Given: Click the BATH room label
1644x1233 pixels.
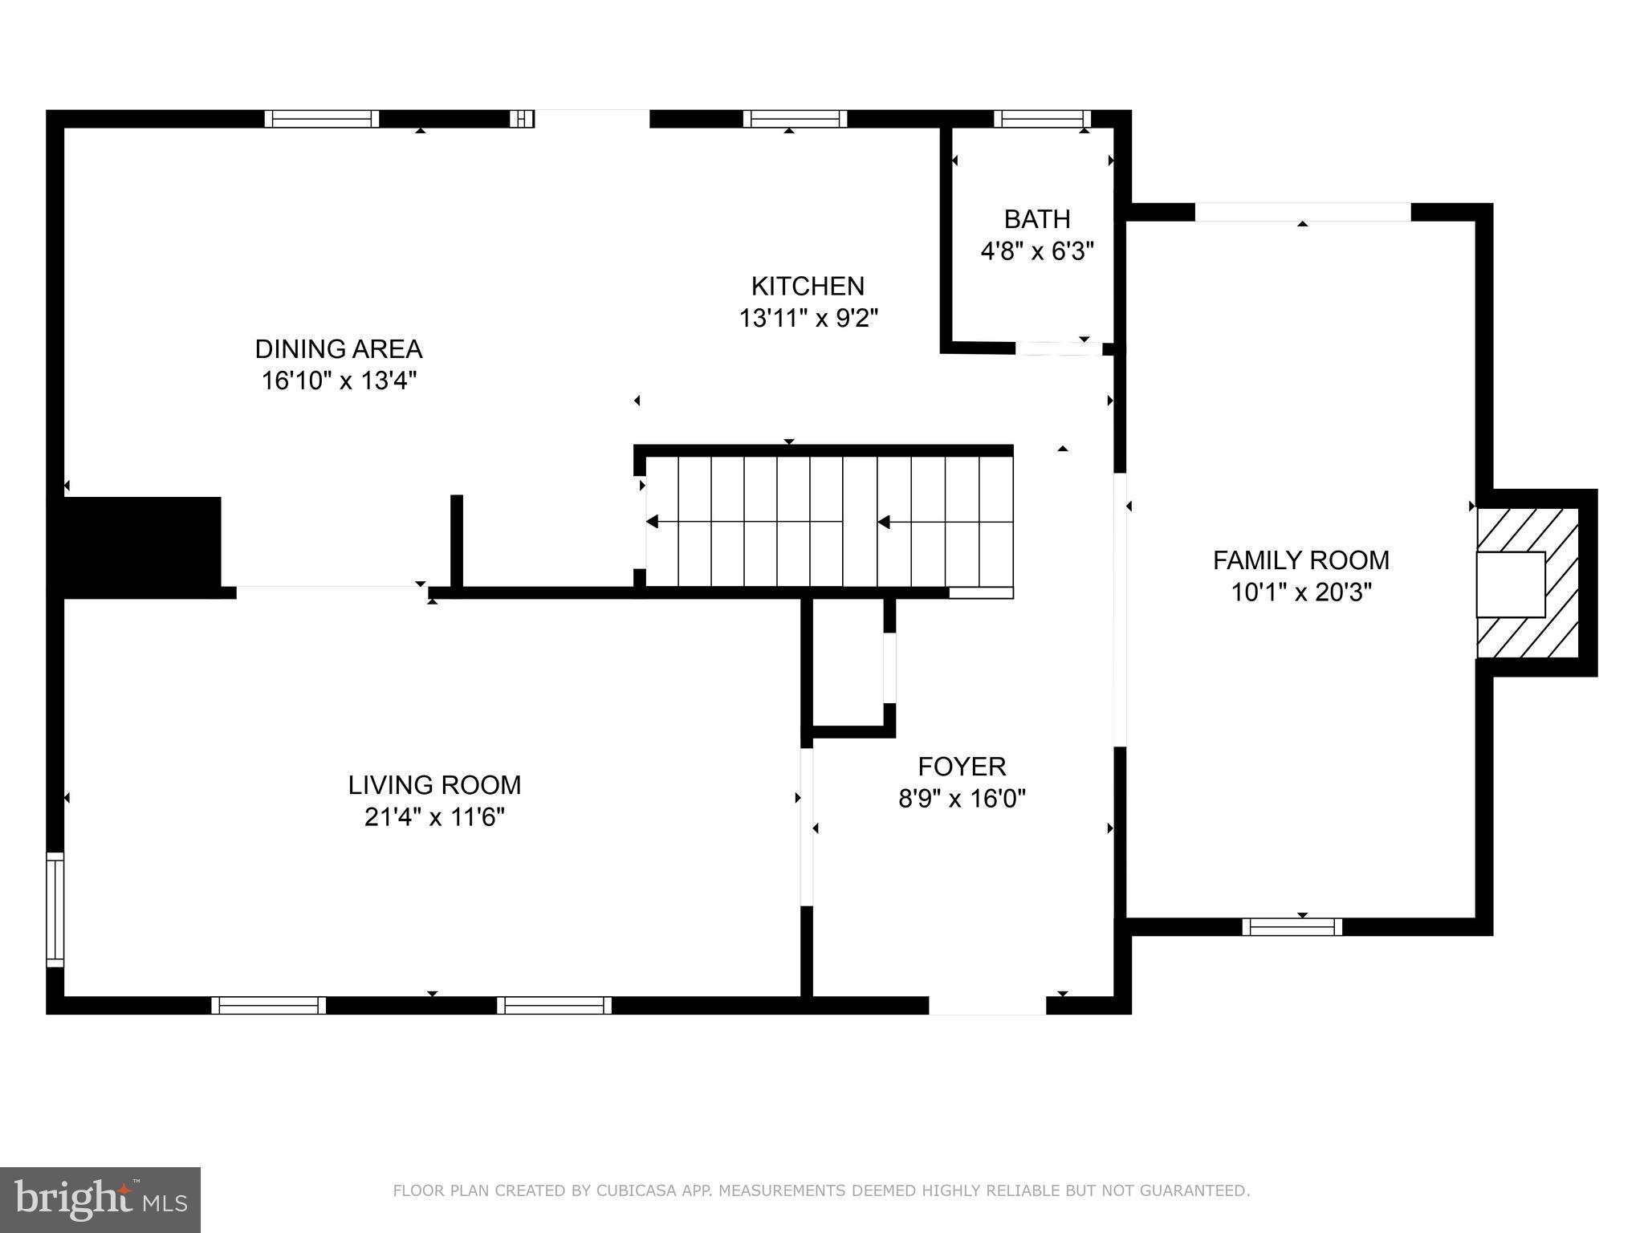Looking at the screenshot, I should [x=1037, y=219].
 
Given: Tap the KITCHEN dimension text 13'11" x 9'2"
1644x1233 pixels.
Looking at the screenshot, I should [x=808, y=319].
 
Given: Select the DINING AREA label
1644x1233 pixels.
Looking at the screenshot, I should [x=338, y=349].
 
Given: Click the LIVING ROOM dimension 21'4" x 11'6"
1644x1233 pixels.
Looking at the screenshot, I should [x=434, y=817].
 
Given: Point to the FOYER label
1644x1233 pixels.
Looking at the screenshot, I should [x=962, y=767].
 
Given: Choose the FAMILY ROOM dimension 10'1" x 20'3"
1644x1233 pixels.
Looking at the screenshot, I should [x=1300, y=592].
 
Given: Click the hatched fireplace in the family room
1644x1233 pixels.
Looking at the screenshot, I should [x=1528, y=584].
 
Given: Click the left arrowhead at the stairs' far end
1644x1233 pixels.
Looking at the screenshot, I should [x=653, y=522].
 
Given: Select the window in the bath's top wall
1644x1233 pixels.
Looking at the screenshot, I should [x=1042, y=119].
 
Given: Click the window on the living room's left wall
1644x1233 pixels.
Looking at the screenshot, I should [x=55, y=909].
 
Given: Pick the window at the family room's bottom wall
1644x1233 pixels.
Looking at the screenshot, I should [x=1292, y=927].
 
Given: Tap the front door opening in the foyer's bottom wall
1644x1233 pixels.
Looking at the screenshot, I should [x=987, y=1005].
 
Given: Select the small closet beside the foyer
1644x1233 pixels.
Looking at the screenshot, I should [x=848, y=666].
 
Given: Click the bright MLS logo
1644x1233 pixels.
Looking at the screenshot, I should [x=100, y=1199].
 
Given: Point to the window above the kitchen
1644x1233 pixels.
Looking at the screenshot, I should [x=795, y=119].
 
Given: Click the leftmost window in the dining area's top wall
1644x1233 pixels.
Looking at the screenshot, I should [x=322, y=119].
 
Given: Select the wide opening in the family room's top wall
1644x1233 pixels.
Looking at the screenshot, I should [x=1302, y=212].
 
